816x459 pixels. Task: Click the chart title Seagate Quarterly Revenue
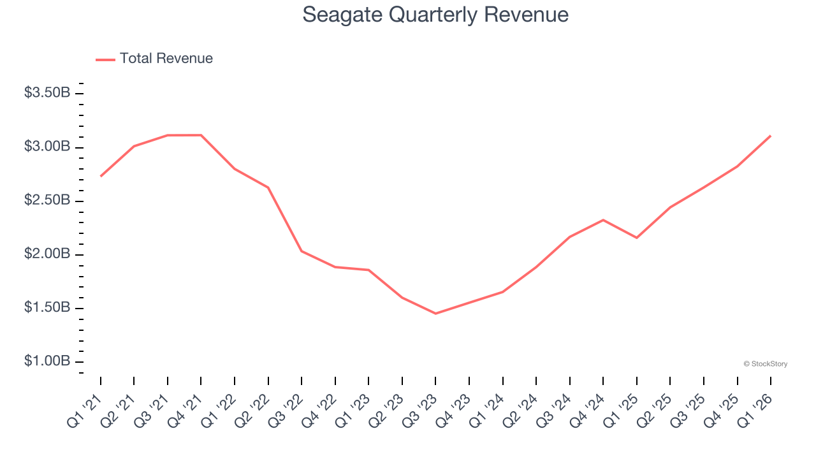click(435, 14)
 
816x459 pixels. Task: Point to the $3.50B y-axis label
click(47, 93)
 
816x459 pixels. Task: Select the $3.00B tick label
click(47, 147)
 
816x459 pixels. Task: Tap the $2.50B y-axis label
click(47, 200)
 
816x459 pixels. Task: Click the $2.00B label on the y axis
click(47, 254)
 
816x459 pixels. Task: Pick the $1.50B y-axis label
click(47, 307)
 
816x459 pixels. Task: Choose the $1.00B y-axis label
click(47, 361)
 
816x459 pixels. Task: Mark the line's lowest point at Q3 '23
click(436, 314)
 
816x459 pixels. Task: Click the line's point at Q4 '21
click(201, 135)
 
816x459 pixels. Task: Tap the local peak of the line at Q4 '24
click(603, 220)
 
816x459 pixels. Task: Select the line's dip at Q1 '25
click(637, 238)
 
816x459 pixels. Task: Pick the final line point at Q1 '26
click(771, 136)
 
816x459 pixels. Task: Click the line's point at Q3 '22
click(302, 251)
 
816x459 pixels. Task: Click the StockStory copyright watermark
click(765, 364)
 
